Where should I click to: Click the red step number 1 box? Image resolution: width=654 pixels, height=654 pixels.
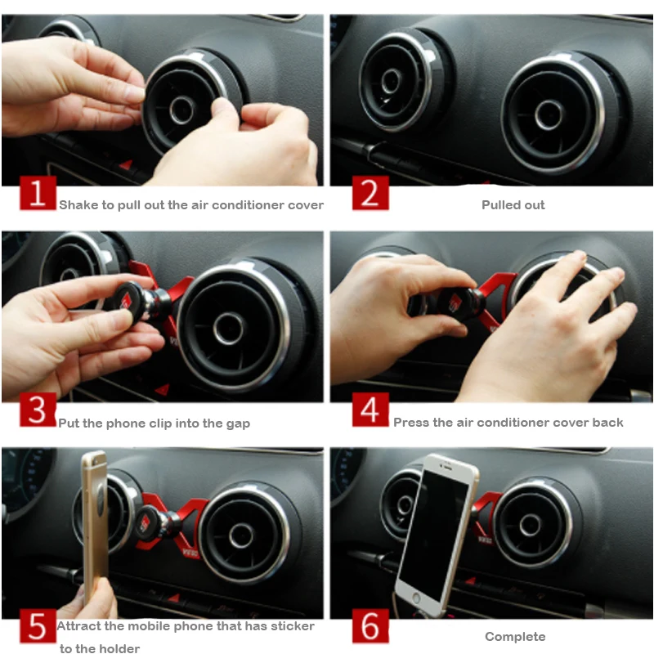pyautogui.click(x=38, y=193)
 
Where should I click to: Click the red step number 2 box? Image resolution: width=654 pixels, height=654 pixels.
pyautogui.click(x=370, y=193)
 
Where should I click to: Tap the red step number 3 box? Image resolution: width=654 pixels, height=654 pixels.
pyautogui.click(x=38, y=410)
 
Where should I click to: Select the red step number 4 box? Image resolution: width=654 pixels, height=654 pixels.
pyautogui.click(x=370, y=410)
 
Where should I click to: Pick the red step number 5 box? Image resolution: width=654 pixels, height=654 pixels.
pyautogui.click(x=38, y=626)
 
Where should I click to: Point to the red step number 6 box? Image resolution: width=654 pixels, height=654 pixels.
pyautogui.click(x=370, y=626)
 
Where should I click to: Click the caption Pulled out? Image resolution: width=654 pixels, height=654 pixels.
pyautogui.click(x=513, y=205)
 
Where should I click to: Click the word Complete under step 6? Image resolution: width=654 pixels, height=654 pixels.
pyautogui.click(x=515, y=637)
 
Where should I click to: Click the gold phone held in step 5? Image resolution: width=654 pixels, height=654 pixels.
pyautogui.click(x=95, y=526)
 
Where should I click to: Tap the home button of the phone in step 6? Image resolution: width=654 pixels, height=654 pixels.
pyautogui.click(x=415, y=598)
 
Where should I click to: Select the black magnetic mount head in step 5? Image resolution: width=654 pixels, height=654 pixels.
pyautogui.click(x=151, y=522)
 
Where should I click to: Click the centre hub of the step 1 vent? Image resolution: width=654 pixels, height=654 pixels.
pyautogui.click(x=181, y=110)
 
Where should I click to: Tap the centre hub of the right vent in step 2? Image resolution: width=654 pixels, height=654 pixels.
pyautogui.click(x=549, y=115)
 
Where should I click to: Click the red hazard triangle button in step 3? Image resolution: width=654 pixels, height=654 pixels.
pyautogui.click(x=162, y=390)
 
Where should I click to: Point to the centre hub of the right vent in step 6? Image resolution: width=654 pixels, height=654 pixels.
pyautogui.click(x=530, y=525)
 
